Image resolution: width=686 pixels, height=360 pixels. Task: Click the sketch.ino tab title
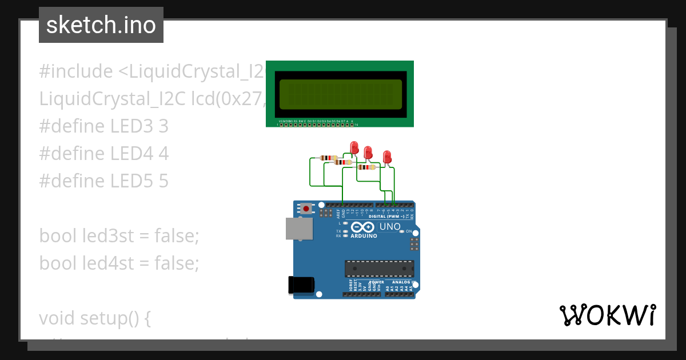click(x=101, y=25)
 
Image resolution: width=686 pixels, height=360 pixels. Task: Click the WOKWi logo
click(x=608, y=315)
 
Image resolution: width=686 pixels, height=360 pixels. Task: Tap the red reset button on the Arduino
click(x=307, y=209)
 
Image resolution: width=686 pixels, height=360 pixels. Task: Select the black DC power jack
click(x=301, y=284)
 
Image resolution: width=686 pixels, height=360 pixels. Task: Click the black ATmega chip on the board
click(x=379, y=268)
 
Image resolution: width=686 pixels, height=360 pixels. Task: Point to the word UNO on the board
click(x=390, y=227)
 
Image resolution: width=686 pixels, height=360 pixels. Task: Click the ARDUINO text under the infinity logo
click(x=364, y=235)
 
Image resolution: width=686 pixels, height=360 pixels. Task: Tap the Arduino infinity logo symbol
click(x=362, y=227)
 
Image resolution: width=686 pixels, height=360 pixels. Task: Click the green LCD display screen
click(x=340, y=94)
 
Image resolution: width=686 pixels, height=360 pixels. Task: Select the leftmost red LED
click(x=354, y=147)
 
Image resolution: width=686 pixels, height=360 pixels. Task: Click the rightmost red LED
click(x=387, y=156)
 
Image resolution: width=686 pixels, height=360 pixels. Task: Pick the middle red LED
click(x=368, y=152)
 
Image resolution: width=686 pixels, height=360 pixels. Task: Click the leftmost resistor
click(x=329, y=158)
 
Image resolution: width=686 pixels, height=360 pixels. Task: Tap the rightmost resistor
click(x=366, y=167)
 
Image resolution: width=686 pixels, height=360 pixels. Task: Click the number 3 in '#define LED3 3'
click(x=163, y=126)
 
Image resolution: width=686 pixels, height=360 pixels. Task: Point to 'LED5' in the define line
click(x=131, y=181)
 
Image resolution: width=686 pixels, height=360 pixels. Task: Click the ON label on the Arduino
click(x=409, y=231)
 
